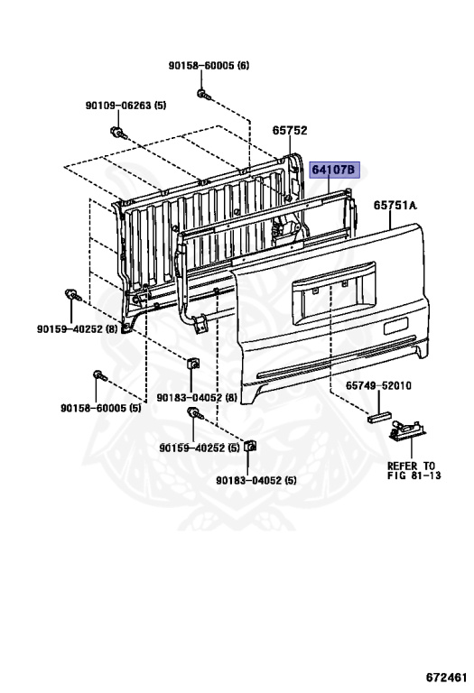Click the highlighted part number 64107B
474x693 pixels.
[x=334, y=170]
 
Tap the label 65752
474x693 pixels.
[x=290, y=130]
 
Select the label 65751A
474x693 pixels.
[x=395, y=205]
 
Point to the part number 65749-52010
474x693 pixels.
[x=378, y=386]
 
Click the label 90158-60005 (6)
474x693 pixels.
[x=209, y=65]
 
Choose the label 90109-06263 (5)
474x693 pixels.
[x=125, y=106]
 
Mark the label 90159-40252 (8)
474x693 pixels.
[x=78, y=328]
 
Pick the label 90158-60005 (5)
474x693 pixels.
[x=101, y=408]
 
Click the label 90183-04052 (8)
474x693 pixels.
[x=197, y=398]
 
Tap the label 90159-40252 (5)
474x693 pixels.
[x=200, y=448]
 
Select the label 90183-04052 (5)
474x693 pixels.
[x=256, y=480]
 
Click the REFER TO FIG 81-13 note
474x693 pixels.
[x=414, y=471]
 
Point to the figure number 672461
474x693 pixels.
[x=447, y=678]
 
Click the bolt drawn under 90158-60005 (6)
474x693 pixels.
[x=203, y=94]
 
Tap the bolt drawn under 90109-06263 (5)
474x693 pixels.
[x=117, y=132]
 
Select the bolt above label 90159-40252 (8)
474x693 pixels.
[x=72, y=295]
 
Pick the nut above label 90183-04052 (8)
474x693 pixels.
[x=193, y=364]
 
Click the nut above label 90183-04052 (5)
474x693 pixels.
[x=250, y=446]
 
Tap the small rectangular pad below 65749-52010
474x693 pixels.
[x=379, y=417]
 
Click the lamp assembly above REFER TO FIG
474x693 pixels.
[x=408, y=430]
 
